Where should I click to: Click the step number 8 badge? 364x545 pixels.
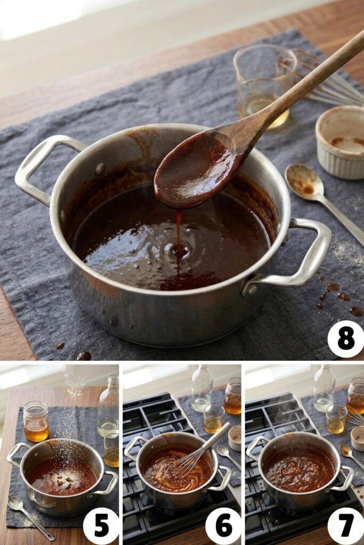(x=345, y=339)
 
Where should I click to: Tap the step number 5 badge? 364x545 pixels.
(x=101, y=526)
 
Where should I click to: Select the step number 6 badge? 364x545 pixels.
(x=223, y=526)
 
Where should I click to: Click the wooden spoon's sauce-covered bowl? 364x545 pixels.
(x=197, y=170)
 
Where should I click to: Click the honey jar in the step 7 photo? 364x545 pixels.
(x=355, y=396)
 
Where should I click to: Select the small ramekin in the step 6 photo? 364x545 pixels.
(x=235, y=437)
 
